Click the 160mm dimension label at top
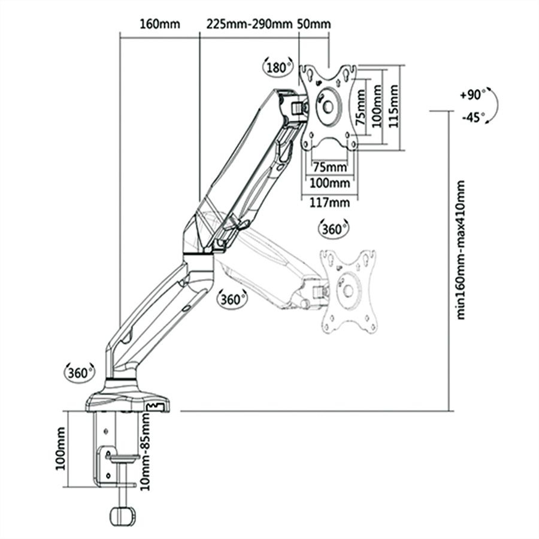pyautogui.click(x=159, y=25)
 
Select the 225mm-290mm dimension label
pyautogui.click(x=249, y=25)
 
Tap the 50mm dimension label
pyautogui.click(x=313, y=25)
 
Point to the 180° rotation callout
pyautogui.click(x=278, y=67)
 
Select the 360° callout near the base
pyautogui.click(x=79, y=372)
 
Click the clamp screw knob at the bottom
pyautogui.click(x=123, y=516)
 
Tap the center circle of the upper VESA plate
pyautogui.click(x=328, y=102)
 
